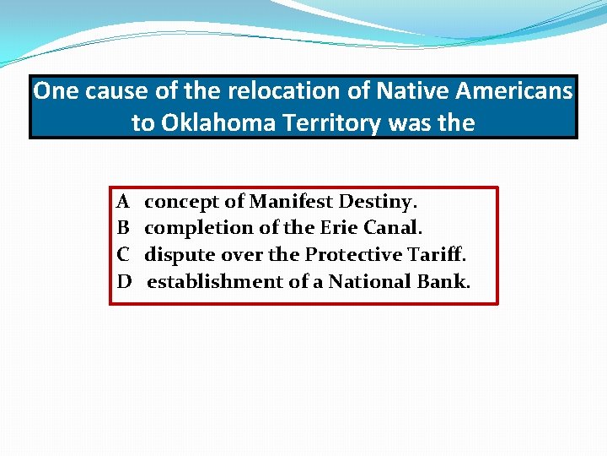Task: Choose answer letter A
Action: pyautogui.click(x=123, y=202)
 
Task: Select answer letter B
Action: pyautogui.click(x=123, y=228)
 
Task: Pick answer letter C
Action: pyautogui.click(x=123, y=254)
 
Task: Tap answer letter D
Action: pyautogui.click(x=124, y=281)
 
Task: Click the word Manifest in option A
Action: pyautogui.click(x=291, y=202)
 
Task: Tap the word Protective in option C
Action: pyautogui.click(x=350, y=254)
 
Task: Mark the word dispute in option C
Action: pyautogui.click(x=180, y=255)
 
